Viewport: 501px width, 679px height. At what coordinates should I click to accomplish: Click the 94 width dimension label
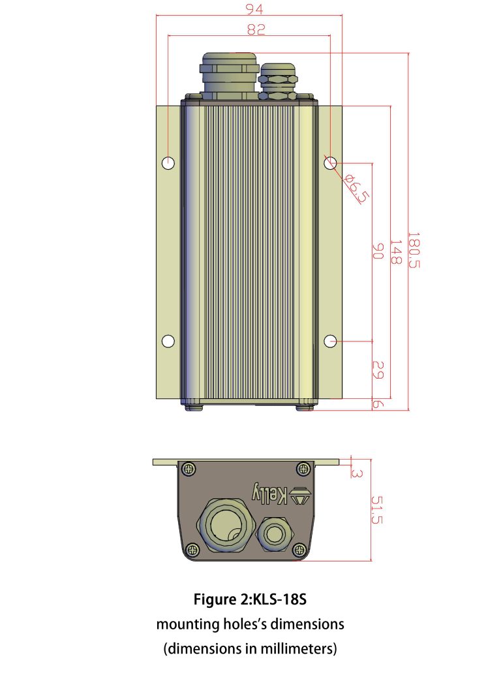[x=250, y=9]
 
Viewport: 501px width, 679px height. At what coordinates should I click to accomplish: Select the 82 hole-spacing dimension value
[x=250, y=29]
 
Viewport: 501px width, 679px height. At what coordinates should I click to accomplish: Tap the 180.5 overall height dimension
[x=414, y=250]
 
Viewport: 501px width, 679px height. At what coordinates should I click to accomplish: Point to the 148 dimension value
[x=395, y=251]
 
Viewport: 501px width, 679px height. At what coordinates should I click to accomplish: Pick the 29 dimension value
[x=377, y=370]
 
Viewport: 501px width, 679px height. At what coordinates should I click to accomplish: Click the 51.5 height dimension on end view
[x=376, y=510]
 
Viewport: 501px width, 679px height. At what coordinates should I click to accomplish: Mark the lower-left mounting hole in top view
[x=168, y=341]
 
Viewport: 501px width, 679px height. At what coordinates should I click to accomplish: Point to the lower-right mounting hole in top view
[x=331, y=341]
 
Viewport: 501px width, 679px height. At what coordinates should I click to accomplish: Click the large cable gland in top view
[x=229, y=77]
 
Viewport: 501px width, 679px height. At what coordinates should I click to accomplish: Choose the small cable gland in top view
[x=279, y=81]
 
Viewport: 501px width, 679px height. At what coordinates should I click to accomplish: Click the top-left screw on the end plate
[x=189, y=468]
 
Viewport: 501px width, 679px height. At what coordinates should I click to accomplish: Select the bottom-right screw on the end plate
[x=299, y=549]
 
